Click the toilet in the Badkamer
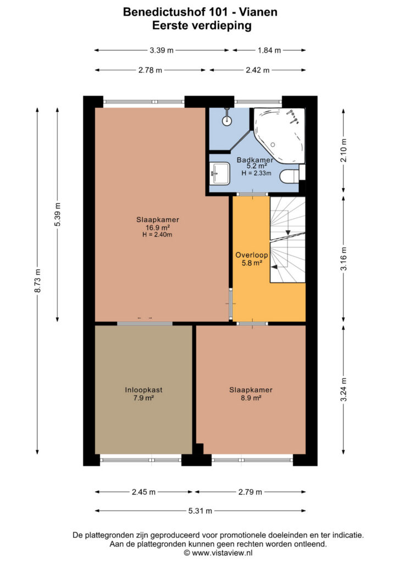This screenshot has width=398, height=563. pos(289,176)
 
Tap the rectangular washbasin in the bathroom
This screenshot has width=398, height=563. pos(220,173)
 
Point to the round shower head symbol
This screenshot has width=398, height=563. pos(227,120)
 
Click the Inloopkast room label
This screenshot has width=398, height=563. pos(143,390)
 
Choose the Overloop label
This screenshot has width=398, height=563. pos(252,255)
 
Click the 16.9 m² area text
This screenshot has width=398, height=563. pos(158,227)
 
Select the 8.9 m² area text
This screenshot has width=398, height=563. pos(251,398)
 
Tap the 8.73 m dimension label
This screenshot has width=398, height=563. pos(38,280)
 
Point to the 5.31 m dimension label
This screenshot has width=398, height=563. pos(200,511)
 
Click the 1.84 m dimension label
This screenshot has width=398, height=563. pos(269,50)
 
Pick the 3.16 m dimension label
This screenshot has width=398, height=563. pos(344,258)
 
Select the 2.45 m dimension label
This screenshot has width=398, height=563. pos(143,492)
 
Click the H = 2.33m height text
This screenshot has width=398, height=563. pos(256,173)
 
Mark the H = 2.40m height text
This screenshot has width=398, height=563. pos(157,235)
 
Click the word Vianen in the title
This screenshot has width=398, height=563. pos(258,12)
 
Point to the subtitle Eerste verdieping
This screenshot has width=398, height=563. pos(202,25)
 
